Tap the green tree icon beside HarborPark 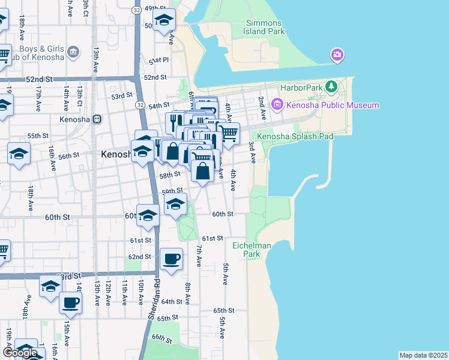331,87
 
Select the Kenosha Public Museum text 332,106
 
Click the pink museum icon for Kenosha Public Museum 277,106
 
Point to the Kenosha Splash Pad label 295,137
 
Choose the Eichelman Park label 247,250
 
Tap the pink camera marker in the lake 337,56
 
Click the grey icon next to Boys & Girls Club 74,52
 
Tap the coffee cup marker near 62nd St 172,259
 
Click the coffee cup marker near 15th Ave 70,302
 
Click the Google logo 20,353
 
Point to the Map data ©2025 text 423,355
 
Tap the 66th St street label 161,339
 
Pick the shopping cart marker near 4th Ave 229,133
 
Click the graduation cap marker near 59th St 175,205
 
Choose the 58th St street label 169,175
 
